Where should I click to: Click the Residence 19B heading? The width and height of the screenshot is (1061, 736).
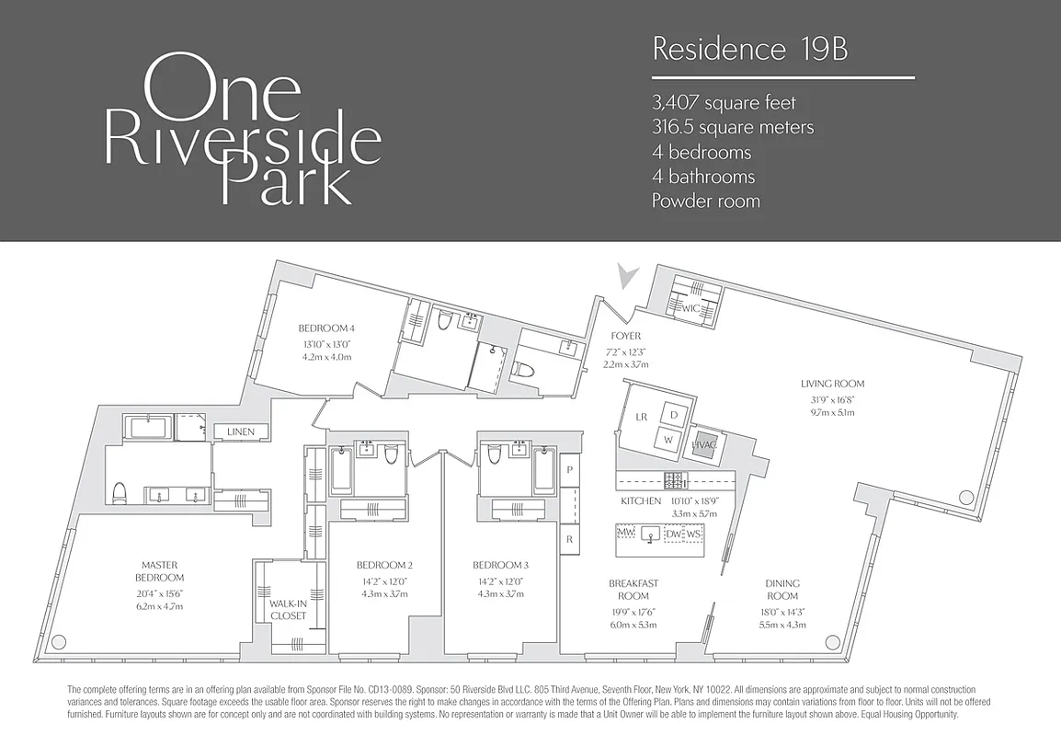[x=749, y=50]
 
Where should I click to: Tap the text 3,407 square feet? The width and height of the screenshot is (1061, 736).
[x=724, y=103]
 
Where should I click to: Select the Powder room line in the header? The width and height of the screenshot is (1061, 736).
[x=706, y=201]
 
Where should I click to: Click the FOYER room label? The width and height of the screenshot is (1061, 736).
[x=625, y=337]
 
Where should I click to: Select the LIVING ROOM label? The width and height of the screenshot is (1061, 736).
[x=832, y=384]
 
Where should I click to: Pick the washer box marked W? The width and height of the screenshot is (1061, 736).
[x=668, y=441]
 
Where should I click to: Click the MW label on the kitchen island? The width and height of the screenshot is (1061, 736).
[x=626, y=534]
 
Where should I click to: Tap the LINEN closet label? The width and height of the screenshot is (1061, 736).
[x=241, y=431]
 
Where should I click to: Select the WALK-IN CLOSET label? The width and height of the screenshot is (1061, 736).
[x=288, y=609]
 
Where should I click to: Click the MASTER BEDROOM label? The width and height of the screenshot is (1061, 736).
[x=159, y=570]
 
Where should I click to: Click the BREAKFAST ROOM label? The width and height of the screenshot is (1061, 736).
[x=633, y=589]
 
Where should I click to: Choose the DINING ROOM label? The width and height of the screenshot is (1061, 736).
[x=781, y=589]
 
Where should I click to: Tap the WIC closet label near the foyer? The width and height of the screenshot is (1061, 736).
[x=690, y=309]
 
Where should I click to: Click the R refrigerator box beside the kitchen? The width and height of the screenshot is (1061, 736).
[x=570, y=539]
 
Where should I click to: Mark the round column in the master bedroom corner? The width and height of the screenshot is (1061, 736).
[x=60, y=642]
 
